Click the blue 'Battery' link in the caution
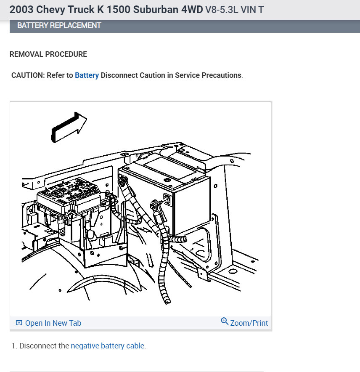pyautogui.click(x=87, y=75)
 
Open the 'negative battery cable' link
pyautogui.click(x=107, y=345)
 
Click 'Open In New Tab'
pyautogui.click(x=53, y=323)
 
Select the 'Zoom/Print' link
pyautogui.click(x=249, y=323)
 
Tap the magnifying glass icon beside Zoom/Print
pyautogui.click(x=224, y=322)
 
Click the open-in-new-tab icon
pyautogui.click(x=19, y=323)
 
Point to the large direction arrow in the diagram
pyautogui.click(x=69, y=127)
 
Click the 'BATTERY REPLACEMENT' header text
pyautogui.click(x=59, y=25)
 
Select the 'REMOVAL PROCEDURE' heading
pyautogui.click(x=48, y=54)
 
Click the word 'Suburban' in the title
pyautogui.click(x=155, y=10)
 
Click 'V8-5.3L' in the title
pyautogui.click(x=222, y=10)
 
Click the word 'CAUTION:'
pyautogui.click(x=28, y=75)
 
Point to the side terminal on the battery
pyautogui.click(x=167, y=199)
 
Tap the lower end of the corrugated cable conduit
pyautogui.click(x=167, y=302)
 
